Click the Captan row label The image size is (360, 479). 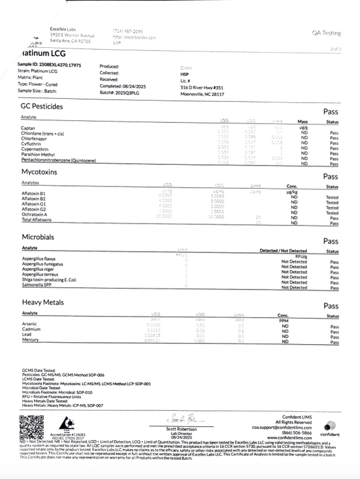(27, 127)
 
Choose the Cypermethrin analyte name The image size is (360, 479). (36, 147)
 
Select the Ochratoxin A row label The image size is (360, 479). (35, 213)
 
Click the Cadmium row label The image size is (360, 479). (31, 330)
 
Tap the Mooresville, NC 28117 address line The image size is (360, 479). (202, 94)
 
